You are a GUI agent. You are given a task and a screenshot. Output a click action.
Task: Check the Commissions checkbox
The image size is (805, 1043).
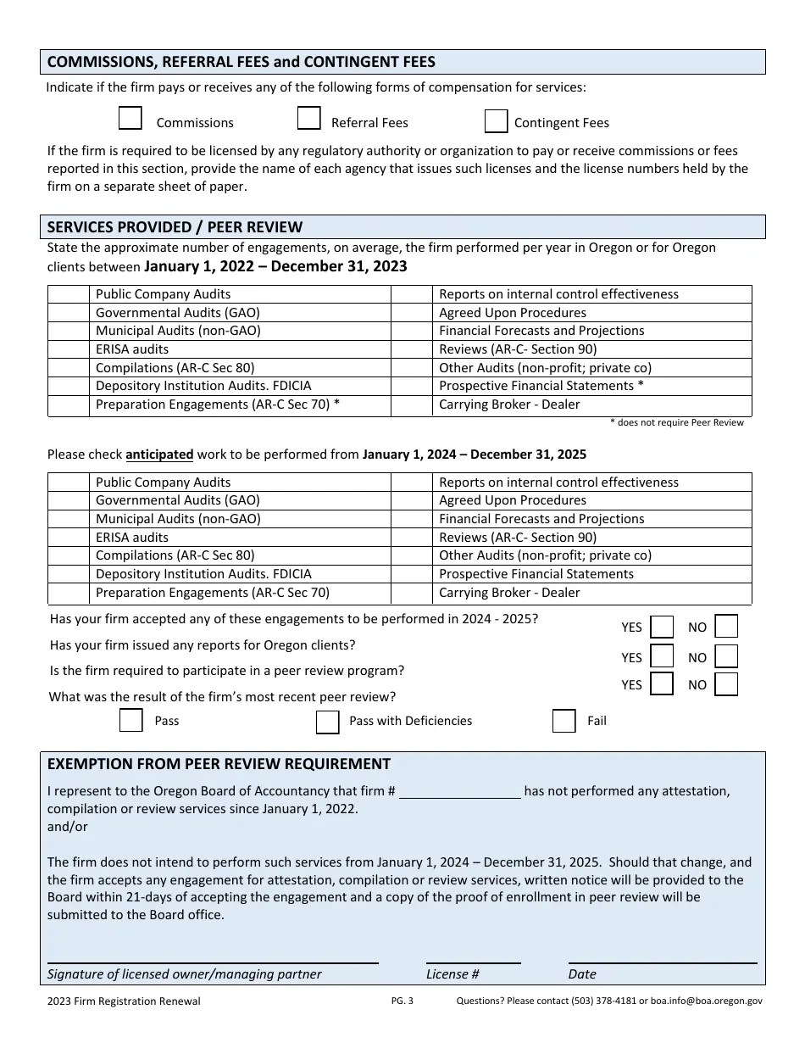(130, 118)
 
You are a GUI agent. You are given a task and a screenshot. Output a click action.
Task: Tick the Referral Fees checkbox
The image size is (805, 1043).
(308, 118)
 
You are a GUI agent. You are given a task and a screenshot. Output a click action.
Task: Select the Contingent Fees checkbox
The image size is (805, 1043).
(496, 121)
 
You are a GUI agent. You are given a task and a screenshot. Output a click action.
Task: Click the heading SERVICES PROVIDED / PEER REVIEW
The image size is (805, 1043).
(175, 226)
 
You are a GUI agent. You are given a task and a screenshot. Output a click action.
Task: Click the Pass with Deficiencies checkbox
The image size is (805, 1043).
(327, 722)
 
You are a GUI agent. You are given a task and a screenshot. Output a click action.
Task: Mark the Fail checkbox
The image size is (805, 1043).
(563, 721)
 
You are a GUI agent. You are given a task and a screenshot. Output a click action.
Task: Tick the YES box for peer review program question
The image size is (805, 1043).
(662, 683)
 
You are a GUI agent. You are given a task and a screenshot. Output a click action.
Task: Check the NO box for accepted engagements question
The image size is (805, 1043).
(726, 626)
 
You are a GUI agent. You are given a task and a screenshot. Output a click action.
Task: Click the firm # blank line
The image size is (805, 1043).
(459, 792)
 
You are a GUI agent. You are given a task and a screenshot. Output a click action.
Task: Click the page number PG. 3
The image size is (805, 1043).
(402, 1001)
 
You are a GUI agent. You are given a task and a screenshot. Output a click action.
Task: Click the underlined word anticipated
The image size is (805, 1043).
(159, 454)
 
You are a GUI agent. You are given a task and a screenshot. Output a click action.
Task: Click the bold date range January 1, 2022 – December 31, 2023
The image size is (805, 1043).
(275, 266)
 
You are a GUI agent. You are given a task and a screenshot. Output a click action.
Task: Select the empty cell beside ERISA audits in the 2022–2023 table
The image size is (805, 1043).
(69, 349)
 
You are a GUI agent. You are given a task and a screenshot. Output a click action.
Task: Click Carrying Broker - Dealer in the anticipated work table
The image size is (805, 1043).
(509, 593)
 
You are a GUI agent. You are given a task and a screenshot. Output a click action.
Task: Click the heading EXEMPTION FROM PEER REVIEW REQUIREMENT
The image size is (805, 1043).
(219, 763)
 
